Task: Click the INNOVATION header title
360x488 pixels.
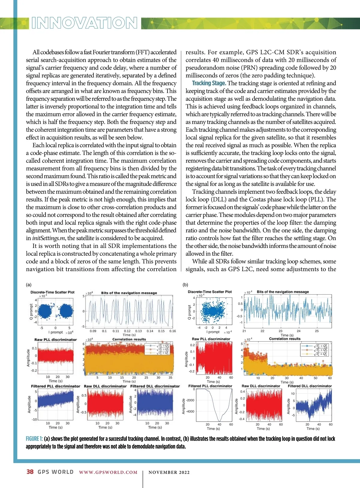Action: tap(84, 23)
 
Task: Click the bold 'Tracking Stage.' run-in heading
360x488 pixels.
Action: tap(209, 83)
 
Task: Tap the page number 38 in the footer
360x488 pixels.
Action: tap(30, 472)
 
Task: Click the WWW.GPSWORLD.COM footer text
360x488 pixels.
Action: tap(108, 472)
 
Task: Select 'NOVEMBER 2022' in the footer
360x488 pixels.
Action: tap(169, 472)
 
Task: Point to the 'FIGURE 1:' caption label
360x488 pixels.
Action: tap(34, 439)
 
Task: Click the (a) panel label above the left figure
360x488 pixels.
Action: tap(29, 285)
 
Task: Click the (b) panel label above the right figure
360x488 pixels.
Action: tap(185, 285)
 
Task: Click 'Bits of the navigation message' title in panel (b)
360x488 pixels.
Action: tap(283, 292)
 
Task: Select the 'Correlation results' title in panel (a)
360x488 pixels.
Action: tap(129, 339)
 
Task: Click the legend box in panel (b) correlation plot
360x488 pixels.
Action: tap(314, 350)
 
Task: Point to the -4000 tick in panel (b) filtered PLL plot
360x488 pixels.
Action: tap(190, 411)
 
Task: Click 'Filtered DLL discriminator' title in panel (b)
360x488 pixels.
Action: tap(310, 386)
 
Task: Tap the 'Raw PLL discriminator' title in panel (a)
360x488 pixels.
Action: tap(55, 340)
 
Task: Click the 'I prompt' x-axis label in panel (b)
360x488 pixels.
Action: tap(214, 332)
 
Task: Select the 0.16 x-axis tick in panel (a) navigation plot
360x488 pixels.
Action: tap(172, 331)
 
